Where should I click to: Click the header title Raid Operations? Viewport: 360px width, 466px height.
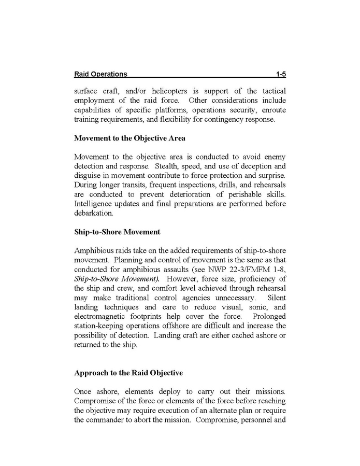(100, 74)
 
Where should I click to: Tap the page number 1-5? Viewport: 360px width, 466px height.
(280, 74)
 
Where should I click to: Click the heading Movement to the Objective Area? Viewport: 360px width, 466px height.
(130, 138)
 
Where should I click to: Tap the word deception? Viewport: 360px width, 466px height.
(250, 166)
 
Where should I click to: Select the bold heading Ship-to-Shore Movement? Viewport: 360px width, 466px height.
(117, 231)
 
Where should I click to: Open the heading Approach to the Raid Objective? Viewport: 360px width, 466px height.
(128, 372)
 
